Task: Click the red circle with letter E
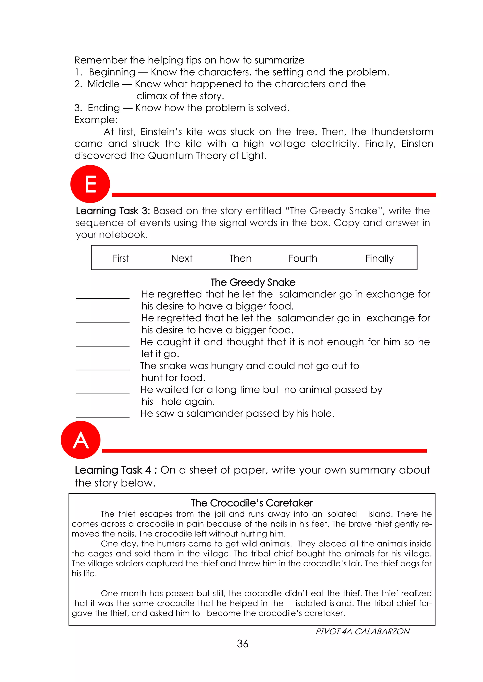click(x=90, y=184)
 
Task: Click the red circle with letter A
click(x=81, y=440)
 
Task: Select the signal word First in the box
click(x=121, y=258)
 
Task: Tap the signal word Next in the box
click(x=182, y=258)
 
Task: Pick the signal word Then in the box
click(x=240, y=258)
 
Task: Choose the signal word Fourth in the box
click(x=303, y=258)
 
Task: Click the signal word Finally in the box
click(x=379, y=258)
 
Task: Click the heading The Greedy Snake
click(x=253, y=282)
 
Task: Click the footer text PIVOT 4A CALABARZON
click(x=362, y=631)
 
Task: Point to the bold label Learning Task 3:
click(x=113, y=211)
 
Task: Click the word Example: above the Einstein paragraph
click(x=96, y=120)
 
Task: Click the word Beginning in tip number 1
click(x=112, y=72)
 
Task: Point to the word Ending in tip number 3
click(x=104, y=108)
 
